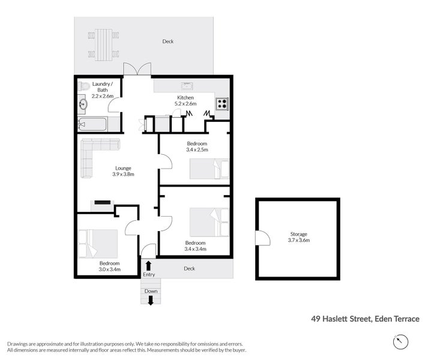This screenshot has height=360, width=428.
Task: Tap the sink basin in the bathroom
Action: coord(83,105)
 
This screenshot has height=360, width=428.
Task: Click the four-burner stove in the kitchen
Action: coord(222,104)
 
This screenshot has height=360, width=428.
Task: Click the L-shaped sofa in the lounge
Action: coord(94,155)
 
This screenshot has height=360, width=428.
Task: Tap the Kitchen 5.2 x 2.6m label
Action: coord(185,100)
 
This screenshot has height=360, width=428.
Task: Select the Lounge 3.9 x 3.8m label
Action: coord(122,171)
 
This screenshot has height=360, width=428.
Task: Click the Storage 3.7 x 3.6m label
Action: coord(299,236)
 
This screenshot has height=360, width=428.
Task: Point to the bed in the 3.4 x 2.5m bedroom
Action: coord(209,169)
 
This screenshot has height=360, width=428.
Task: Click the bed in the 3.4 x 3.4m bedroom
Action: coord(209,223)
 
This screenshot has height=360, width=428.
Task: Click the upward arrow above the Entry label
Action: coord(148,265)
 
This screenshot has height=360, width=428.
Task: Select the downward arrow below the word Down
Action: coord(151,301)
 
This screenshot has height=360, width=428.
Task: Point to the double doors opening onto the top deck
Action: coord(137,70)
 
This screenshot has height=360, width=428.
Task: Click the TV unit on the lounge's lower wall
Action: coord(102,203)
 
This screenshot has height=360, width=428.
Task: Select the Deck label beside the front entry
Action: coord(189,268)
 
